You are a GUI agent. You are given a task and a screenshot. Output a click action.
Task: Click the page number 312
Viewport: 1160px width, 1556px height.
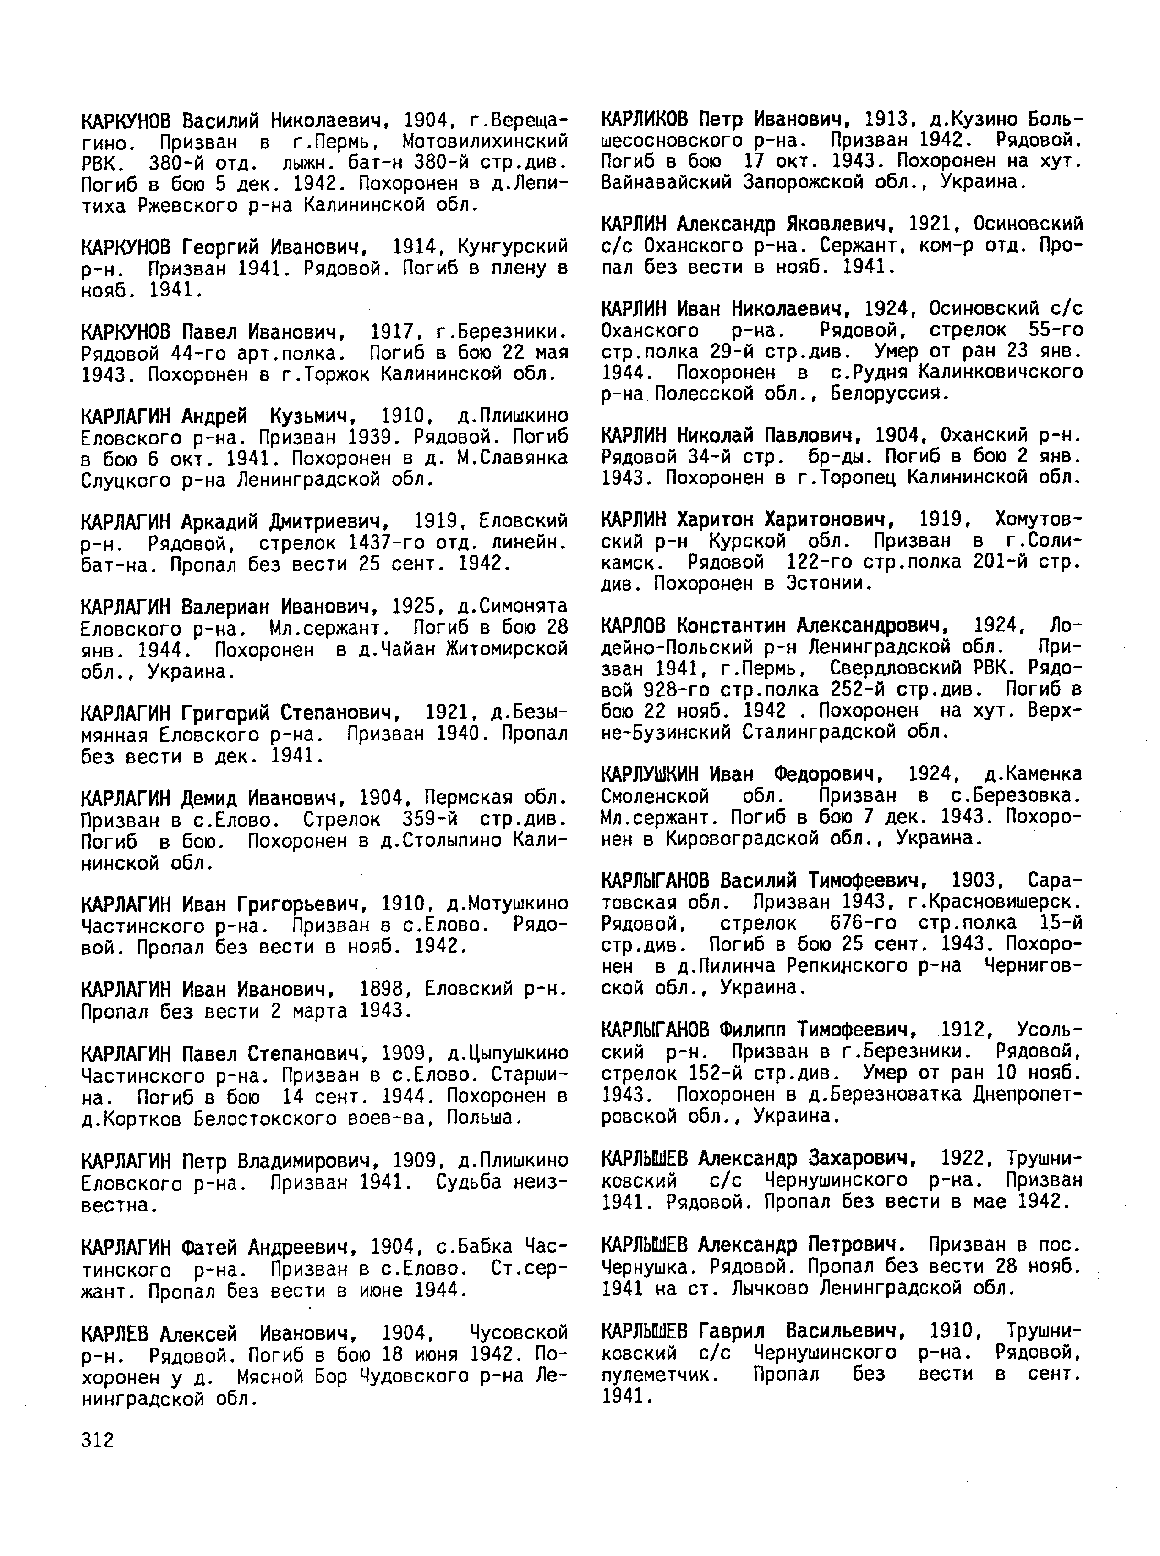(98, 1440)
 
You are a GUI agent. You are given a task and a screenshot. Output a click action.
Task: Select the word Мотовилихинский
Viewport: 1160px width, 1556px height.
(485, 141)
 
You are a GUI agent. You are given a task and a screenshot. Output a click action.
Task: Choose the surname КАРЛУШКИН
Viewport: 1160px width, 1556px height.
(650, 774)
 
